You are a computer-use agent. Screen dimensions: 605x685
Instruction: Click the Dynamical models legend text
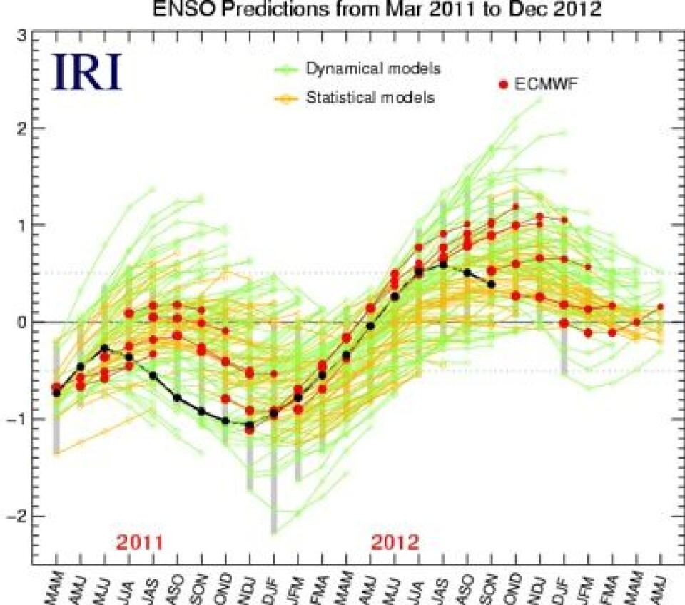(373, 69)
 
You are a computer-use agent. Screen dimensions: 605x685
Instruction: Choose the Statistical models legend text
(370, 98)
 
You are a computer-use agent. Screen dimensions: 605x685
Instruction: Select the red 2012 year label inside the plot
(395, 542)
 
